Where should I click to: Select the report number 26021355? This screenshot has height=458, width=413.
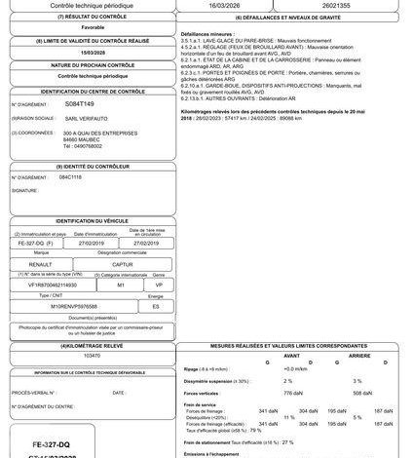[344, 5]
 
